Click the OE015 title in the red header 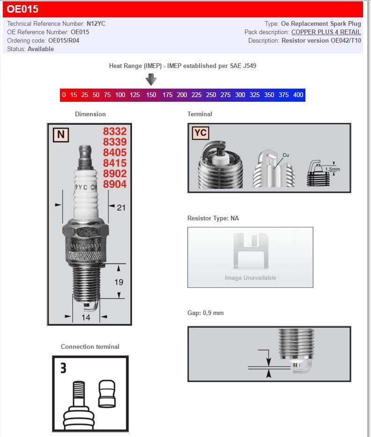pos(22,9)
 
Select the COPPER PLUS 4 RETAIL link pos(326,32)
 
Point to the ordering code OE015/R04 pos(65,40)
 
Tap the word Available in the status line pos(41,49)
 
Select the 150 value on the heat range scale pos(151,95)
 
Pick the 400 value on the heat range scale pos(298,95)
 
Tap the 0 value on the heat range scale pos(64,95)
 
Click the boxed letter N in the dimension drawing pos(60,135)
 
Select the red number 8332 pos(115,132)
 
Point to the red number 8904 pos(115,185)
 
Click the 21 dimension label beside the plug pos(121,207)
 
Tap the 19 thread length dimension pos(119,282)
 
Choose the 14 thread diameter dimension pos(86,317)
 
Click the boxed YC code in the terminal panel pos(200,133)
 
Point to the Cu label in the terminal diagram pos(286,155)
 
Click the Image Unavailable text pos(250,278)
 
